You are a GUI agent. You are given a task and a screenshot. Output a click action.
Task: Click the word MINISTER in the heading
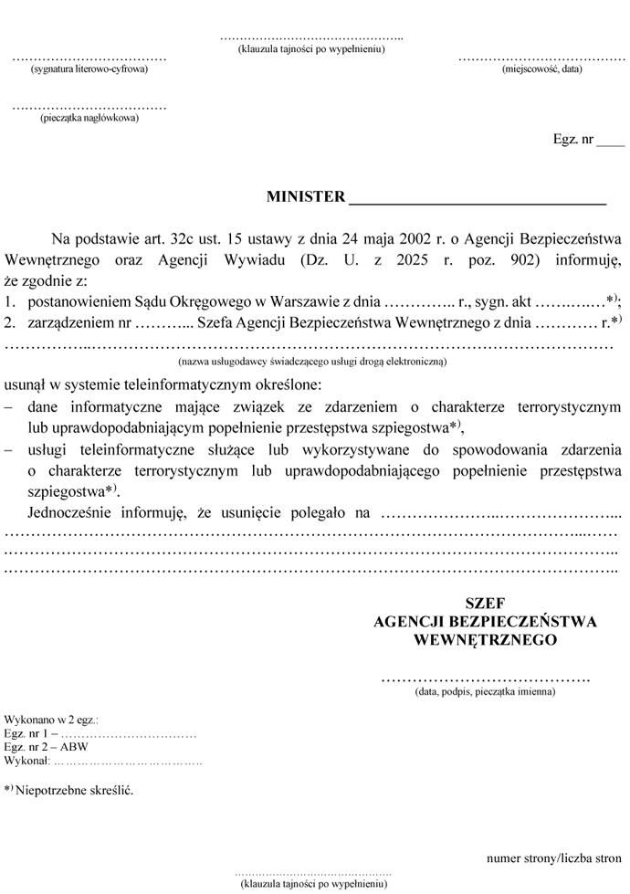point(306,197)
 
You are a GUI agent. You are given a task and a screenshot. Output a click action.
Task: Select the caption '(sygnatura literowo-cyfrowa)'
point(89,69)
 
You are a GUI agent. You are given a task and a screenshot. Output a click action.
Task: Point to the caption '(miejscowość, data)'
point(541,69)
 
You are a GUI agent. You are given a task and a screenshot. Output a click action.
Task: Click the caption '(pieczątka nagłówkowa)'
point(89,118)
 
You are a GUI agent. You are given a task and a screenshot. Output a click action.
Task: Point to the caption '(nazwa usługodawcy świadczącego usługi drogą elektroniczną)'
point(310,362)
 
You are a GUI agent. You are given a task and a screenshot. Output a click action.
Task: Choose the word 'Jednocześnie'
point(70,512)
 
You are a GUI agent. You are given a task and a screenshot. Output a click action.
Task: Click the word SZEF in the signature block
point(485,604)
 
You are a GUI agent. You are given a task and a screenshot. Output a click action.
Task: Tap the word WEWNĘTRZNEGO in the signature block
point(485,640)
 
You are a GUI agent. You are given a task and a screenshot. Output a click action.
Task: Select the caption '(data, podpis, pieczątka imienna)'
point(485,692)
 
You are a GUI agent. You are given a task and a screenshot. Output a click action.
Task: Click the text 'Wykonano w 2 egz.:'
point(52,721)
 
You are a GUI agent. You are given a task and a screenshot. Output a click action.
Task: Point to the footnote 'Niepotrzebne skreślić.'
point(74,789)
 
